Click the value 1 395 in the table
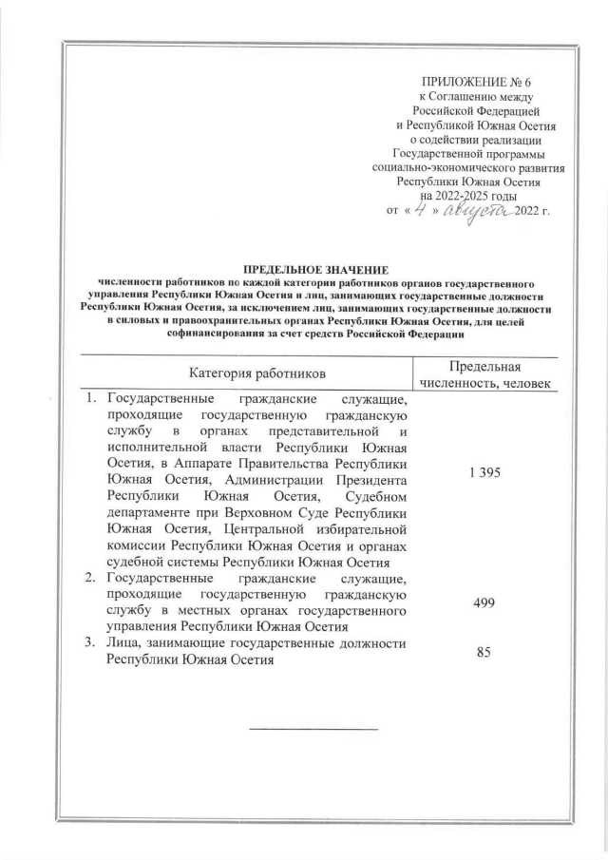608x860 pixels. click(x=484, y=472)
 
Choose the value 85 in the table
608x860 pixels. click(x=484, y=653)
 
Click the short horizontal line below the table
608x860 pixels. click(x=313, y=729)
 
